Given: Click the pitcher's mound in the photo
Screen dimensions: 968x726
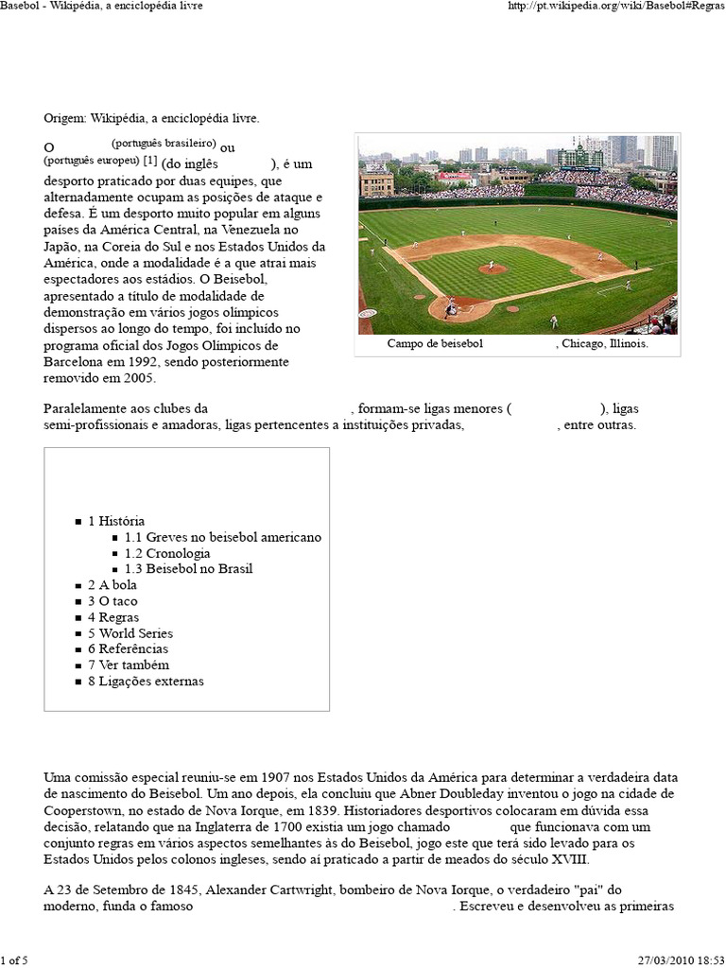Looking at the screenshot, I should (x=492, y=268).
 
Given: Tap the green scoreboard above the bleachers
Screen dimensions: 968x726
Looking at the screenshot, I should (x=579, y=158).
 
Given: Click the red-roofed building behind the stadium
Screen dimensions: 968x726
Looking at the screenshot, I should (x=455, y=177).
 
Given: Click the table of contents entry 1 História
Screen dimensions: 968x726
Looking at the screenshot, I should (x=116, y=521).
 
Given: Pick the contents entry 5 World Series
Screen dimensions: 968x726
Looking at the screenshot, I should (x=130, y=633).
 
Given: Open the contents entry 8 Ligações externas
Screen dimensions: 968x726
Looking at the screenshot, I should (x=146, y=682).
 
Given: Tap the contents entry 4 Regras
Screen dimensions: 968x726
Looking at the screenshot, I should (x=113, y=617).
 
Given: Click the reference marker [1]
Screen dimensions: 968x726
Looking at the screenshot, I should (x=149, y=160).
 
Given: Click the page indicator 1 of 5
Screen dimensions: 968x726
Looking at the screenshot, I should (x=14, y=960).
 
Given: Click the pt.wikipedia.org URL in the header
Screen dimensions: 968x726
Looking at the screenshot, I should (x=615, y=6).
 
